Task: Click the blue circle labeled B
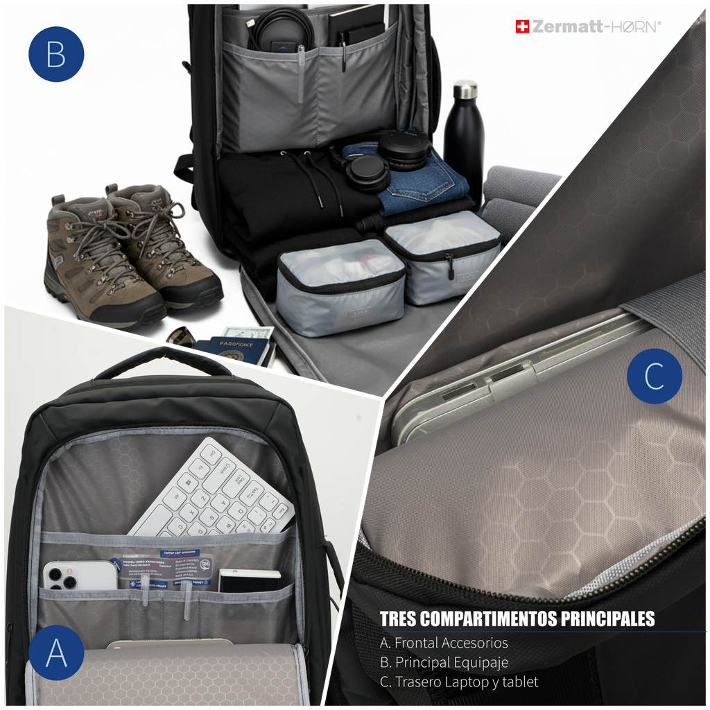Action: (x=56, y=54)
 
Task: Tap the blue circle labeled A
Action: (x=56, y=653)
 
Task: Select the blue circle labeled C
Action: (x=654, y=376)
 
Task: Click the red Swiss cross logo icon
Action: (x=522, y=26)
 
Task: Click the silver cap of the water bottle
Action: (x=465, y=89)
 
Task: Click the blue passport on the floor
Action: (x=232, y=350)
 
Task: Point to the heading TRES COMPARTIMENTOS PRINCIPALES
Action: (x=517, y=618)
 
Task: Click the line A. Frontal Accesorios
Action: (x=444, y=643)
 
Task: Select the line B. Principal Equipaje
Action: (x=444, y=662)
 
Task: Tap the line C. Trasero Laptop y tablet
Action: (x=459, y=682)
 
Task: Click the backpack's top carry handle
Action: (x=163, y=358)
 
